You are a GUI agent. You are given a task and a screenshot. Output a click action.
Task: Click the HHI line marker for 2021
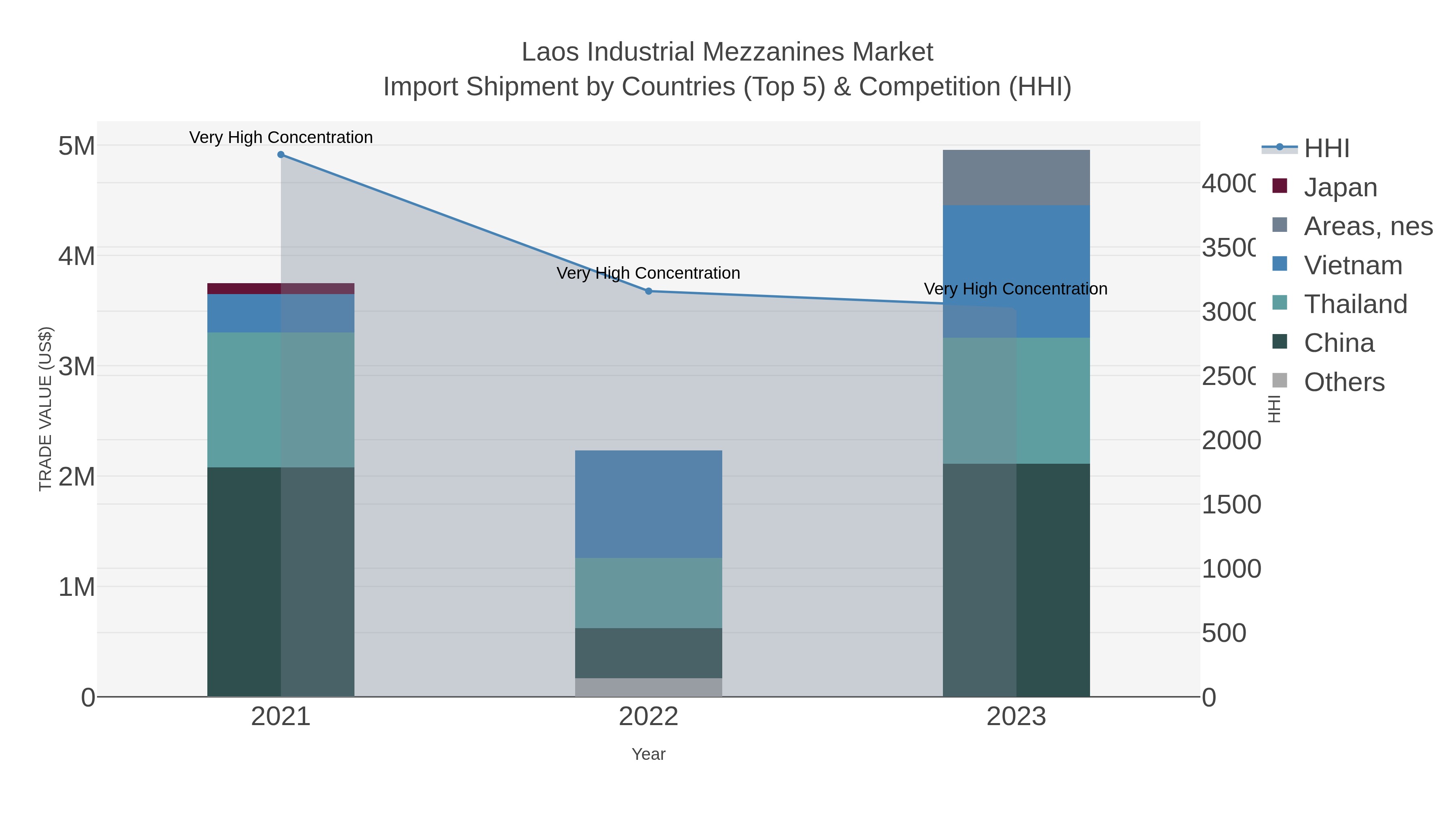pyautogui.click(x=281, y=155)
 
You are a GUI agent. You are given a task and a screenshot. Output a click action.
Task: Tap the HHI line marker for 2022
pyautogui.click(x=648, y=291)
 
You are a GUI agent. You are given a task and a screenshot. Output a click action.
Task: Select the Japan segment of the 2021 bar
pyautogui.click(x=281, y=288)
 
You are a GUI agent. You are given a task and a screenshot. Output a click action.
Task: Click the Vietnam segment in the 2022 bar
pyautogui.click(x=648, y=504)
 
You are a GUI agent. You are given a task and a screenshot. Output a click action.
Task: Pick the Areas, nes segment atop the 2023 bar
pyautogui.click(x=1016, y=178)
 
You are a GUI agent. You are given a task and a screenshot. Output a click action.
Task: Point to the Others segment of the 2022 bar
pyautogui.click(x=648, y=687)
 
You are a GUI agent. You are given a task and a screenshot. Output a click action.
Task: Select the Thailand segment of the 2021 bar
pyautogui.click(x=281, y=399)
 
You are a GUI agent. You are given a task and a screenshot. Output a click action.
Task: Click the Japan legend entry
pyautogui.click(x=1340, y=187)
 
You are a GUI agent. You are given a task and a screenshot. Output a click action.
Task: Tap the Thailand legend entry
pyautogui.click(x=1354, y=304)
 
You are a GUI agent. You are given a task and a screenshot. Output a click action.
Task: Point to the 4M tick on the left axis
pyautogui.click(x=77, y=256)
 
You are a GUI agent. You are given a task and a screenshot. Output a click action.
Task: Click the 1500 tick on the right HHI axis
pyautogui.click(x=1231, y=505)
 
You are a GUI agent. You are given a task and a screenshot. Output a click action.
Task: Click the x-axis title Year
pyautogui.click(x=648, y=754)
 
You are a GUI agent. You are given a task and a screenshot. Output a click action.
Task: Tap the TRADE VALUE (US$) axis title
pyautogui.click(x=45, y=409)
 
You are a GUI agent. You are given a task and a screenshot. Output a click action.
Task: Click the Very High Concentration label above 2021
pyautogui.click(x=281, y=137)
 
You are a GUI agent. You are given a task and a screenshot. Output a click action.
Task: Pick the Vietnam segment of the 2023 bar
pyautogui.click(x=1016, y=271)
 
